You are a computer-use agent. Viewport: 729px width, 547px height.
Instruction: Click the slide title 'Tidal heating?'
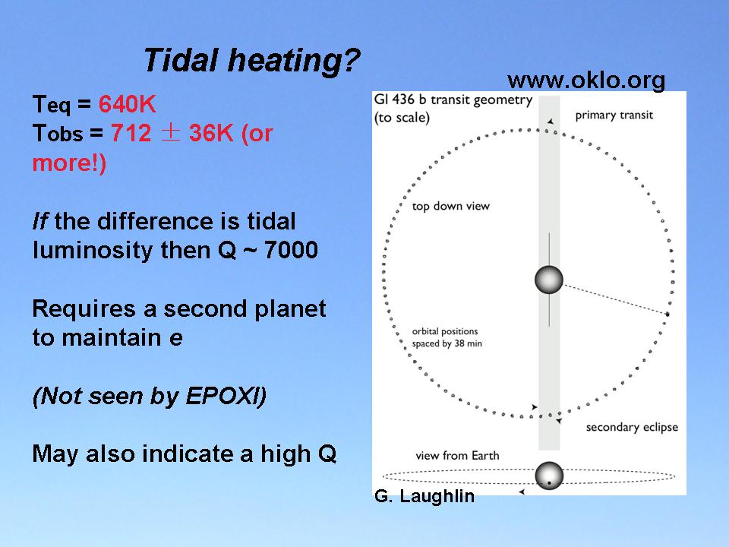point(251,61)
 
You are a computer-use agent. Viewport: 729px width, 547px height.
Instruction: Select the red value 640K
point(127,104)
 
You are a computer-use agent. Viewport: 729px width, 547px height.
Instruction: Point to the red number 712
point(131,134)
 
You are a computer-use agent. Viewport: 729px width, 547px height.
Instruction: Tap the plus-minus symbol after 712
point(170,133)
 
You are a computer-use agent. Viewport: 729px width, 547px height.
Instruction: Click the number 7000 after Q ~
point(291,250)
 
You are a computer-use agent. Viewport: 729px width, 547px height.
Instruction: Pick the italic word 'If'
point(40,221)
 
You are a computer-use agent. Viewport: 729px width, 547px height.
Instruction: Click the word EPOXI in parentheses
point(222,397)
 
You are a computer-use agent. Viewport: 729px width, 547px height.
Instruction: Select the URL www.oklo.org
point(586,81)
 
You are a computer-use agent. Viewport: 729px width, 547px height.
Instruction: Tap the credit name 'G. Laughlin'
point(424,496)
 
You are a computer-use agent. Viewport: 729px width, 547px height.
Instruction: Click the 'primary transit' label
point(614,115)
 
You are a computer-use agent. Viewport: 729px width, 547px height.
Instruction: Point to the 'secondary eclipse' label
point(632,427)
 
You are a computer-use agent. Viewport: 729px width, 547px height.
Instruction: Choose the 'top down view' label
point(450,206)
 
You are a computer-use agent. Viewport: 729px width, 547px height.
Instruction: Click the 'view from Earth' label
point(457,455)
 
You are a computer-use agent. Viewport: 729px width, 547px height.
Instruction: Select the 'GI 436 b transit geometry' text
point(453,100)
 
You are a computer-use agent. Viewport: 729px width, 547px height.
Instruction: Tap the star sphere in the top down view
point(549,280)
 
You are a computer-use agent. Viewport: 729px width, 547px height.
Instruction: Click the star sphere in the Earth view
point(549,476)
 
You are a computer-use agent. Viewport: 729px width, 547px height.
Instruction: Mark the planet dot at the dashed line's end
point(667,315)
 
